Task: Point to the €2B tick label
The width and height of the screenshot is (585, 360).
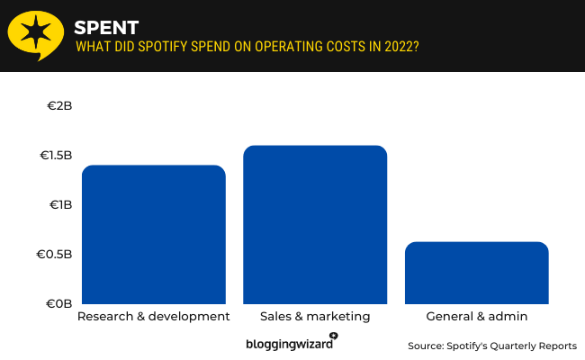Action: pyautogui.click(x=59, y=106)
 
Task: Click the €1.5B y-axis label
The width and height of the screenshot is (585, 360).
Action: pyautogui.click(x=55, y=156)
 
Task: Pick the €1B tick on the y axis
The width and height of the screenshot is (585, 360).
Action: pyautogui.click(x=59, y=205)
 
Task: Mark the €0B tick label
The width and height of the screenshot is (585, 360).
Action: pyautogui.click(x=58, y=304)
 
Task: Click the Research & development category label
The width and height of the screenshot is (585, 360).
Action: pyautogui.click(x=153, y=317)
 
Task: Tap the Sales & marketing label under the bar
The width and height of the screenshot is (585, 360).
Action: pyautogui.click(x=315, y=317)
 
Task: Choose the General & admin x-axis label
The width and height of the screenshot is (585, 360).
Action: pyautogui.click(x=476, y=317)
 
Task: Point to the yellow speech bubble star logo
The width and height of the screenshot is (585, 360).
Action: pyautogui.click(x=36, y=34)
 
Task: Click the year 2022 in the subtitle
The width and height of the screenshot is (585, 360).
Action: pyautogui.click(x=398, y=46)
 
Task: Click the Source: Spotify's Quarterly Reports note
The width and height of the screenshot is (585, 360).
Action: pyautogui.click(x=491, y=346)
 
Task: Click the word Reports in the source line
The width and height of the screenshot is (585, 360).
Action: pyautogui.click(x=557, y=346)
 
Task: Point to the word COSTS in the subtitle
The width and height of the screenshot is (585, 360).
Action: pyautogui.click(x=349, y=46)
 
